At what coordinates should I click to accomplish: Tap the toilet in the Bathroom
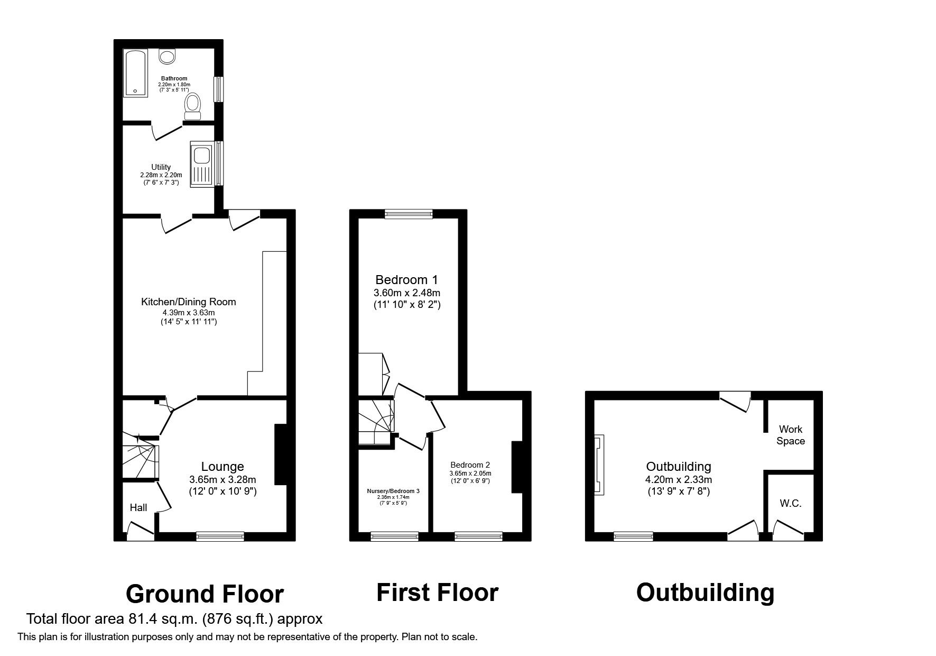192,106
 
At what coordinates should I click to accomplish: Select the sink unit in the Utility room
201,164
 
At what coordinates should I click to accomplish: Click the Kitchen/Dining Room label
188,302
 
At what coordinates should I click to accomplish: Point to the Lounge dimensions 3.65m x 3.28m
223,480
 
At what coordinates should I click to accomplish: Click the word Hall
138,507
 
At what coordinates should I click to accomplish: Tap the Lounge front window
220,536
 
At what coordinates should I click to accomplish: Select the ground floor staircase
140,460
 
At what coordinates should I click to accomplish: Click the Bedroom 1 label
406,279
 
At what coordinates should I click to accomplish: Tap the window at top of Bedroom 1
409,214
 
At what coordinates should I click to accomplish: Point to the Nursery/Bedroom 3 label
393,491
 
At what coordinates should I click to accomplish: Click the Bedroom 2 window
478,536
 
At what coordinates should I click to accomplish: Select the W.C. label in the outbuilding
790,503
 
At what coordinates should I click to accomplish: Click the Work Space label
790,435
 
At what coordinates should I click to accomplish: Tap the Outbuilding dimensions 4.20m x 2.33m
679,480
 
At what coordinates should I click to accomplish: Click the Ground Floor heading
205,594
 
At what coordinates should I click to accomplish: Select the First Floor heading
437,593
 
